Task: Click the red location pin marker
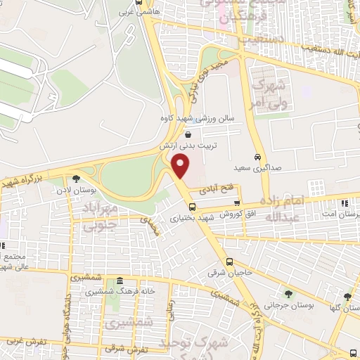point(181,166)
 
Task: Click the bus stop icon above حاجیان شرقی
point(238,262)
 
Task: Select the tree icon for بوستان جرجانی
point(288,294)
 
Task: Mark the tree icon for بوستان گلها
point(347,297)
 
